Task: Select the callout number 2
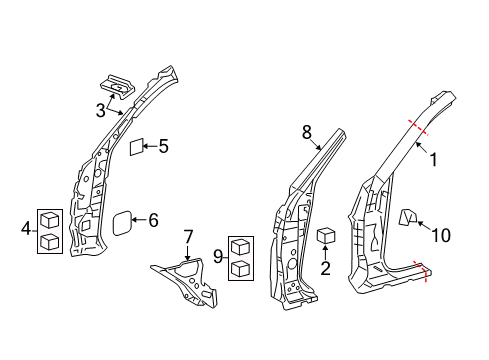tap(325, 267)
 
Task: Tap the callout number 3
tap(101, 109)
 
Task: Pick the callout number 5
tap(162, 146)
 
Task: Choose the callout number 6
tap(153, 220)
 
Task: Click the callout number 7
tap(186, 237)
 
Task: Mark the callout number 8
tap(308, 130)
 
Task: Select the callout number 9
tap(217, 256)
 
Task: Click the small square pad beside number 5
tap(137, 147)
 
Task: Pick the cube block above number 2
tap(325, 236)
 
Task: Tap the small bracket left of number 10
tap(407, 217)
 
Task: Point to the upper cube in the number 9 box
tap(240, 247)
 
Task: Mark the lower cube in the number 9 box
tap(240, 268)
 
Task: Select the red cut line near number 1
tap(418, 125)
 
